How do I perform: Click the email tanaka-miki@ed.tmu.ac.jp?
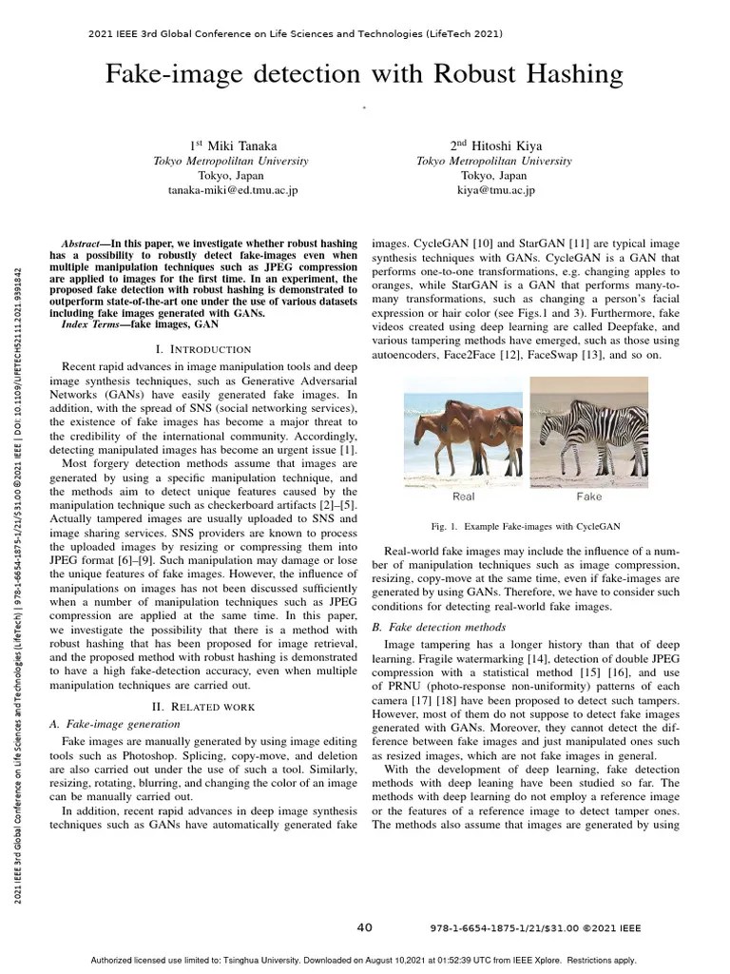(x=233, y=190)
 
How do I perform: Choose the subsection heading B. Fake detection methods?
(x=430, y=627)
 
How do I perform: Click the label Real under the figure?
(x=463, y=497)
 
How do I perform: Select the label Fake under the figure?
(x=589, y=497)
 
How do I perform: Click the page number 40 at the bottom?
(x=364, y=927)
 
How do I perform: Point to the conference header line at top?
(x=296, y=34)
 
